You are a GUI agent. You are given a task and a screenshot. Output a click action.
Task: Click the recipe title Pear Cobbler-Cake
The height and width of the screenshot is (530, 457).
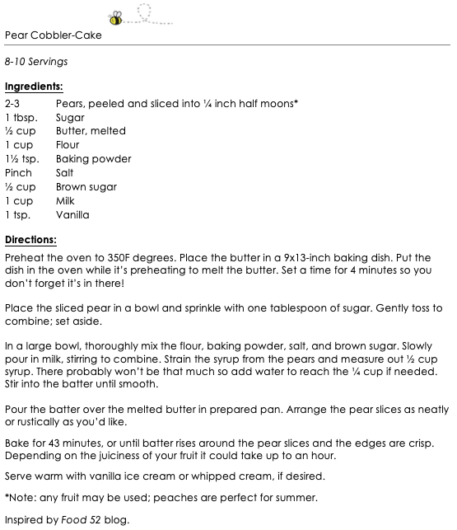coord(54,35)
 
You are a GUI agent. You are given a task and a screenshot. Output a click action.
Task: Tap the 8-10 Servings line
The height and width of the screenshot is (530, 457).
coord(35,62)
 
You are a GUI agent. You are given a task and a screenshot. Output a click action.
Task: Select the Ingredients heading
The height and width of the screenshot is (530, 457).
coord(34,86)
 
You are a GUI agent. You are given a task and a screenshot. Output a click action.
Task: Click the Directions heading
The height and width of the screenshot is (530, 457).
coord(30,240)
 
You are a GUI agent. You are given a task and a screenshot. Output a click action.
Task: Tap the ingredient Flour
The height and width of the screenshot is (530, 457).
coord(68,145)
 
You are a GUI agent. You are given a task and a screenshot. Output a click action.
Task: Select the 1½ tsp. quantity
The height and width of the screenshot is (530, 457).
coord(22,159)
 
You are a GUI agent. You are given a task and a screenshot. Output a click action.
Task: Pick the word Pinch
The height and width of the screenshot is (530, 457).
coord(18,173)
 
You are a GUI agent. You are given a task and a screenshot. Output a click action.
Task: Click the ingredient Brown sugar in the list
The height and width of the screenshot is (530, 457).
coord(85,187)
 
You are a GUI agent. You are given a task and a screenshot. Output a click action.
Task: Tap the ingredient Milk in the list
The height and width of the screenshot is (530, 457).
coord(66,201)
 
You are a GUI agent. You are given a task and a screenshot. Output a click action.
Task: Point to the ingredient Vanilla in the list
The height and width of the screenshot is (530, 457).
coord(72,215)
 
